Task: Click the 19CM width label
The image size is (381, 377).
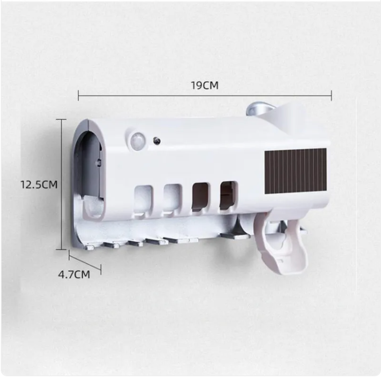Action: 204,85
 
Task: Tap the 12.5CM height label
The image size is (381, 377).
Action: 39,185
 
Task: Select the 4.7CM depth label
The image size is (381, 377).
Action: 74,274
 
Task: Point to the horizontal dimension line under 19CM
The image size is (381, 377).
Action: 204,95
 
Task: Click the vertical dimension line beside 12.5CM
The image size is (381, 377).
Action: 62,185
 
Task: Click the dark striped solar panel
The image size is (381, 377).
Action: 296,171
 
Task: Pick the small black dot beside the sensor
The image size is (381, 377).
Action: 156,140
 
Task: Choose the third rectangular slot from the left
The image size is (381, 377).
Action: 200,196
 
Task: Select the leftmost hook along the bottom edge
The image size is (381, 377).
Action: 90,247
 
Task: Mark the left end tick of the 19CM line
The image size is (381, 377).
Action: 78,95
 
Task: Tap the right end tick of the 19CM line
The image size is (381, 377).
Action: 332,95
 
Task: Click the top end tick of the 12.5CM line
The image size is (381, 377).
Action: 62,119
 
